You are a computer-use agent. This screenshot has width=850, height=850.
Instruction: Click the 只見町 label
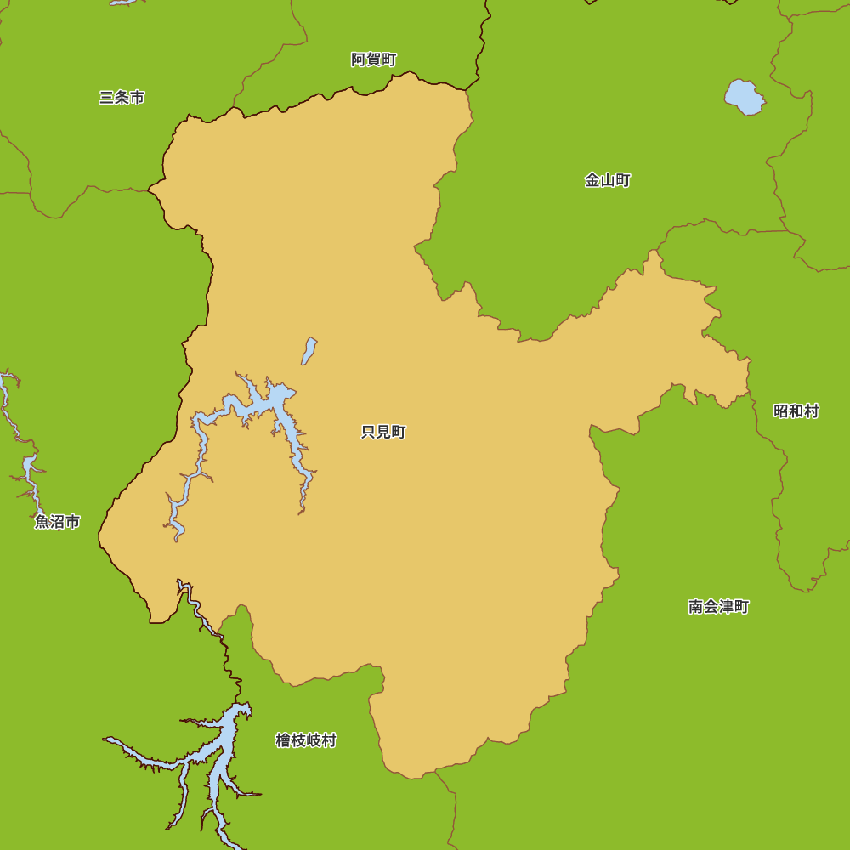point(383,433)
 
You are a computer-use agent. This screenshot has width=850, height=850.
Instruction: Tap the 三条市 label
point(122,98)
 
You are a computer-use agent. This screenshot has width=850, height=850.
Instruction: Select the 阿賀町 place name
point(374,59)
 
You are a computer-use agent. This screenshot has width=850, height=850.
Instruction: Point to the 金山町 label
point(608,180)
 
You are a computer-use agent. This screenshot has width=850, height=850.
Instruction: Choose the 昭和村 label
point(796,411)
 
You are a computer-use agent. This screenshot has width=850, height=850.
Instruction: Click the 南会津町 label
point(718,607)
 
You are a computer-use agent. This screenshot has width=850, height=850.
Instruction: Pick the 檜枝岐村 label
point(306,740)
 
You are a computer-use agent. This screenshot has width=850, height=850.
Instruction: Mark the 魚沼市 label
point(58,522)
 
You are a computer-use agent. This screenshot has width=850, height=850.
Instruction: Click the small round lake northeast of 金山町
point(744,98)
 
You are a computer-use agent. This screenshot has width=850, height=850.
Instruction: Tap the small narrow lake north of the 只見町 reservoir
point(309,350)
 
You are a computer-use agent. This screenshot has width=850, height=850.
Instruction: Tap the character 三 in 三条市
point(106,98)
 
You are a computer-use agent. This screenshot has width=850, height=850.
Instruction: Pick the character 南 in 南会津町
point(696,607)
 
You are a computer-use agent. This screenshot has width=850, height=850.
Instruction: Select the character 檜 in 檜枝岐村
point(283,740)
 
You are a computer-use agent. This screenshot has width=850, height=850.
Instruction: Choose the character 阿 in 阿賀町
point(359,59)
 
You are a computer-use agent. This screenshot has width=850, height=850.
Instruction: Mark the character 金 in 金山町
point(592,180)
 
